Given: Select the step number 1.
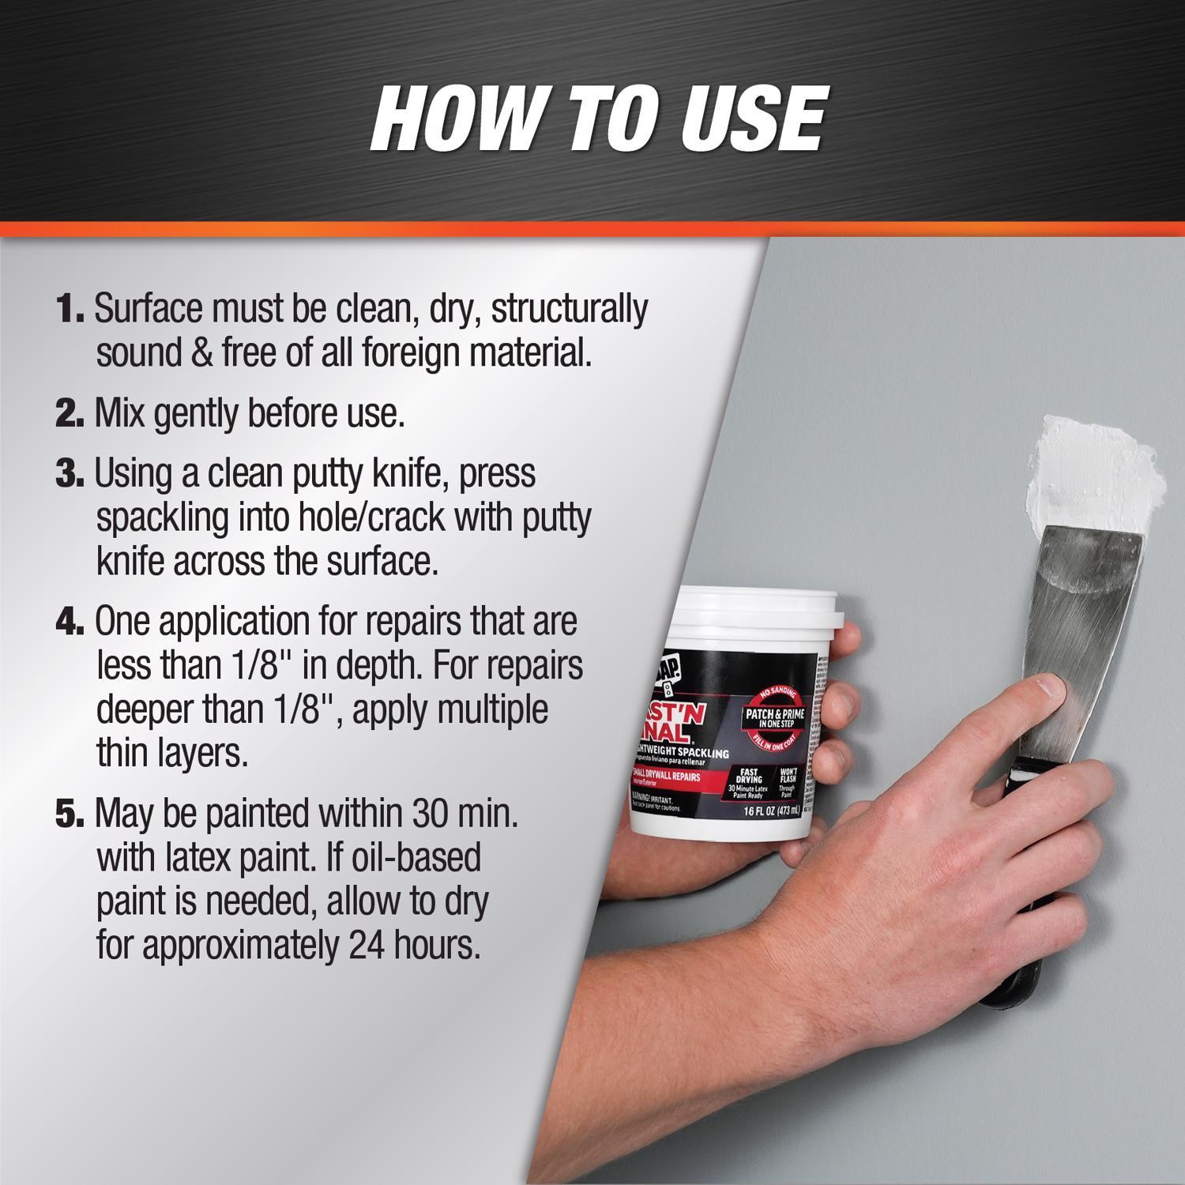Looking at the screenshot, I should pyautogui.click(x=70, y=309).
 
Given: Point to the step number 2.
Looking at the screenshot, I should pyautogui.click(x=70, y=414).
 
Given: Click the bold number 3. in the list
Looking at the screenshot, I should pyautogui.click(x=70, y=474).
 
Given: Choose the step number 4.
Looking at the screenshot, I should pyautogui.click(x=70, y=622).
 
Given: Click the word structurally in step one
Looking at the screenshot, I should pyautogui.click(x=569, y=309).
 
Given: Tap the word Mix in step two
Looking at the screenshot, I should pyautogui.click(x=119, y=413).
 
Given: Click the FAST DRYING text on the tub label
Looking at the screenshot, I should pyautogui.click(x=748, y=776).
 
